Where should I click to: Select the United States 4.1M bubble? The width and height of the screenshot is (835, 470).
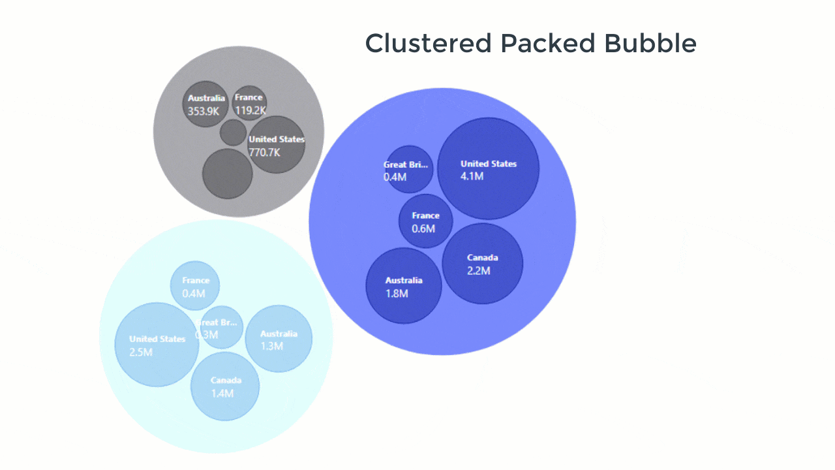point(488,168)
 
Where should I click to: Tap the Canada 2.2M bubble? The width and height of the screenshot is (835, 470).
point(483,264)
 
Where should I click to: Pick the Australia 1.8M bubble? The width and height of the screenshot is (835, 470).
point(404,286)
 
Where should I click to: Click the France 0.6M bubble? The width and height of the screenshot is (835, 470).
point(425,221)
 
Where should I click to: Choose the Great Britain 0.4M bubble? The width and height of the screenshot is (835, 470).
point(408,169)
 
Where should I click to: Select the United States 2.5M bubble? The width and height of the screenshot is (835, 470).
point(157,345)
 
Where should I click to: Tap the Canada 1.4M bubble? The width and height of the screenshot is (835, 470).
point(225,386)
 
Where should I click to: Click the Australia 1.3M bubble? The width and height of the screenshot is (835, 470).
point(279,339)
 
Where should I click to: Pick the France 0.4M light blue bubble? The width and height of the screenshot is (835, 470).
point(194,286)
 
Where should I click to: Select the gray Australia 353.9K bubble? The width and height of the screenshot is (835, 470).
point(205,104)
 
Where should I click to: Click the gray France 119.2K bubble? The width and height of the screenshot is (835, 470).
point(249,103)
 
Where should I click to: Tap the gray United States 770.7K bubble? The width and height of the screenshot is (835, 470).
point(277,145)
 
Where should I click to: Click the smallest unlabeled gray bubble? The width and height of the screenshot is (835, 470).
point(233,133)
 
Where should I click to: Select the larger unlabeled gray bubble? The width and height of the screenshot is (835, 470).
point(227,174)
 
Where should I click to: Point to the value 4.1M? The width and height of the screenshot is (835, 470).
point(472,176)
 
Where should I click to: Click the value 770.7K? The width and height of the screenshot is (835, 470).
point(264,153)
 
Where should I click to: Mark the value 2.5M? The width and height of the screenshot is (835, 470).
point(141,352)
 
